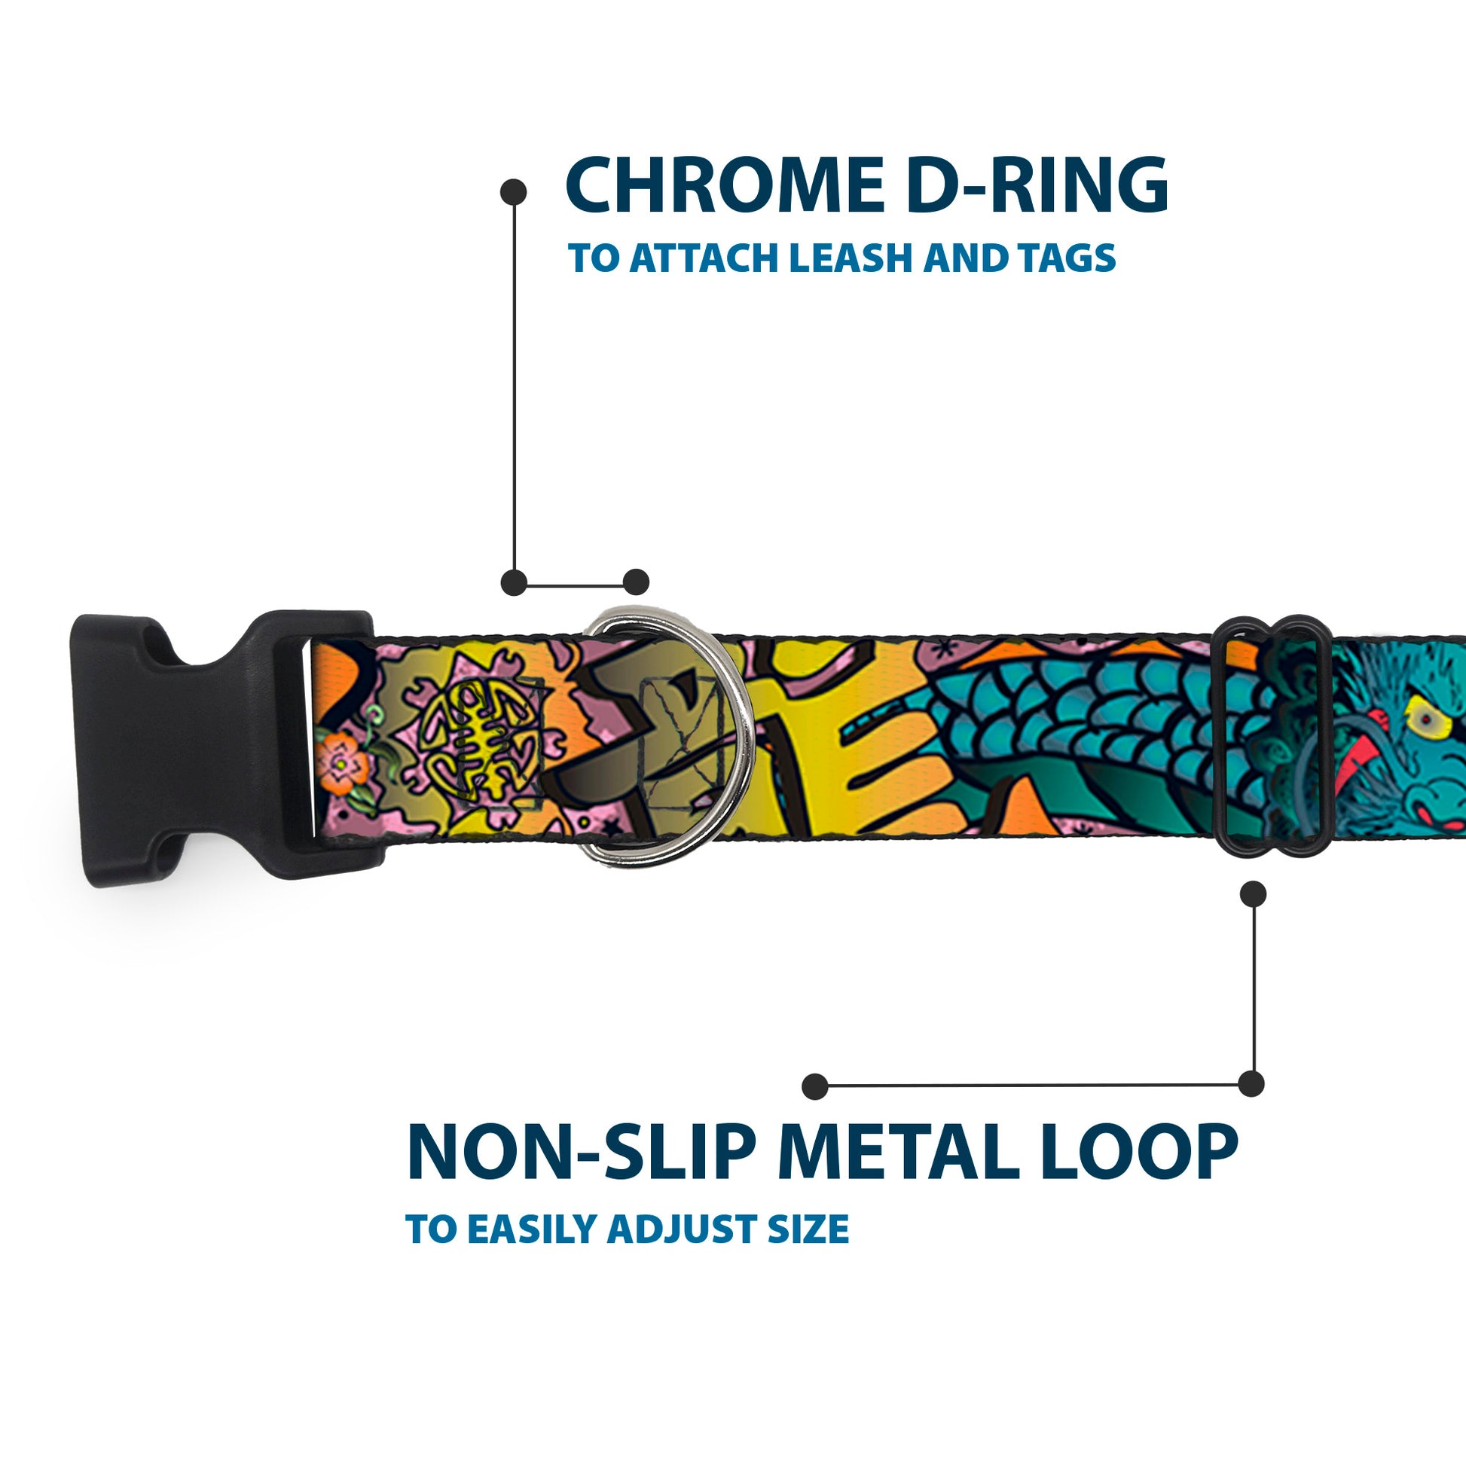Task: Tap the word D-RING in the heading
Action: click(1037, 185)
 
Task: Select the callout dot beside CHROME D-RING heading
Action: click(514, 191)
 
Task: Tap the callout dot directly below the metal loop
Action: click(1253, 894)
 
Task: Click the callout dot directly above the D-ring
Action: click(636, 582)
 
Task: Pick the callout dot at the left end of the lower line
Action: click(814, 1086)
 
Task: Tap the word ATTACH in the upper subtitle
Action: click(706, 258)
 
